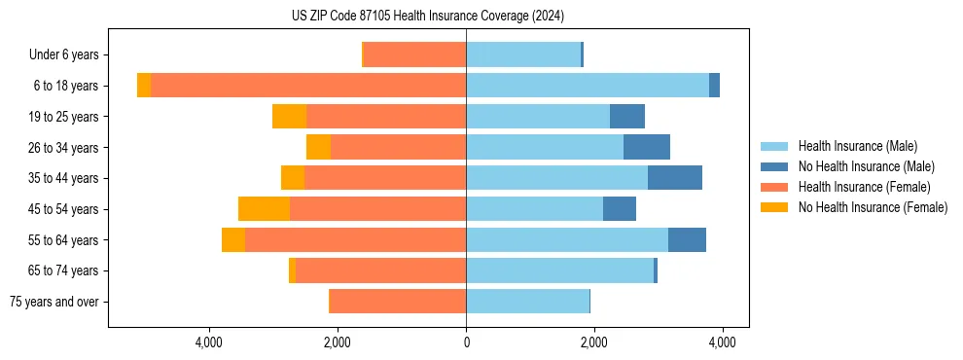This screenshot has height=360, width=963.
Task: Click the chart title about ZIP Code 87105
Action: (x=428, y=17)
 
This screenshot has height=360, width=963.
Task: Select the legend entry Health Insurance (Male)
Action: (x=856, y=146)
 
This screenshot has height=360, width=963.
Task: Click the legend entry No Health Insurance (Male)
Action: (x=865, y=166)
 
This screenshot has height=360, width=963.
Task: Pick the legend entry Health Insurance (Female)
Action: (x=864, y=187)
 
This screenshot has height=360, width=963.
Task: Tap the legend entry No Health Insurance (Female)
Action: (x=873, y=207)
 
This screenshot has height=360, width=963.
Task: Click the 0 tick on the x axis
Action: (x=466, y=342)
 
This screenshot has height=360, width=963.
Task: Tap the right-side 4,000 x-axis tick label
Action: (x=722, y=342)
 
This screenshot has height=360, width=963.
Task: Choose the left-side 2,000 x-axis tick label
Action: (x=338, y=342)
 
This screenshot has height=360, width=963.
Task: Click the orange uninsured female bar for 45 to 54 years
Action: (x=264, y=209)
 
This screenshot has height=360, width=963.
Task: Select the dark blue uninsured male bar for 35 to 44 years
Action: (x=675, y=178)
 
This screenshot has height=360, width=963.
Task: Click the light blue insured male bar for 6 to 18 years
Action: (x=588, y=86)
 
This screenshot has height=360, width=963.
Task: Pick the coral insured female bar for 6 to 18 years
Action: (x=308, y=86)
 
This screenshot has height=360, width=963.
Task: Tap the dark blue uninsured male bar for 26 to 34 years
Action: (x=647, y=147)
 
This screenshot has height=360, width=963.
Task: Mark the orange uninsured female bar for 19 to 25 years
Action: (x=289, y=117)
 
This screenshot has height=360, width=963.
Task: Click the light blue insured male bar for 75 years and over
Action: (x=527, y=302)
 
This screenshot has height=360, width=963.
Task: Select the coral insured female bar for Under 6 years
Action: (x=414, y=55)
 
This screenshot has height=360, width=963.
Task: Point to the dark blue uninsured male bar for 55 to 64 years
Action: (x=687, y=240)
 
